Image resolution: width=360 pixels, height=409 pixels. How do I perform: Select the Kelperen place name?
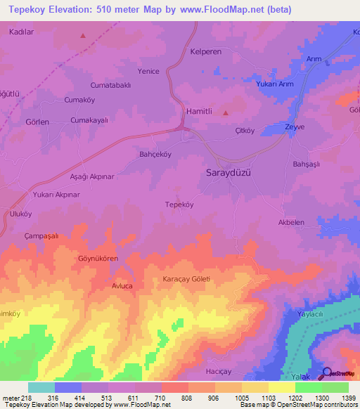(206, 52)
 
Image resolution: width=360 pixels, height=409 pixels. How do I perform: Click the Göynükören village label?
(98, 259)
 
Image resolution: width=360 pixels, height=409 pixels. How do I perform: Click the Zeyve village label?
(295, 126)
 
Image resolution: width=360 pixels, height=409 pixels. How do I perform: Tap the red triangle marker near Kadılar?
(83, 35)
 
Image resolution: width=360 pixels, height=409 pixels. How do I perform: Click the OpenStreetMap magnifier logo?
(327, 372)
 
